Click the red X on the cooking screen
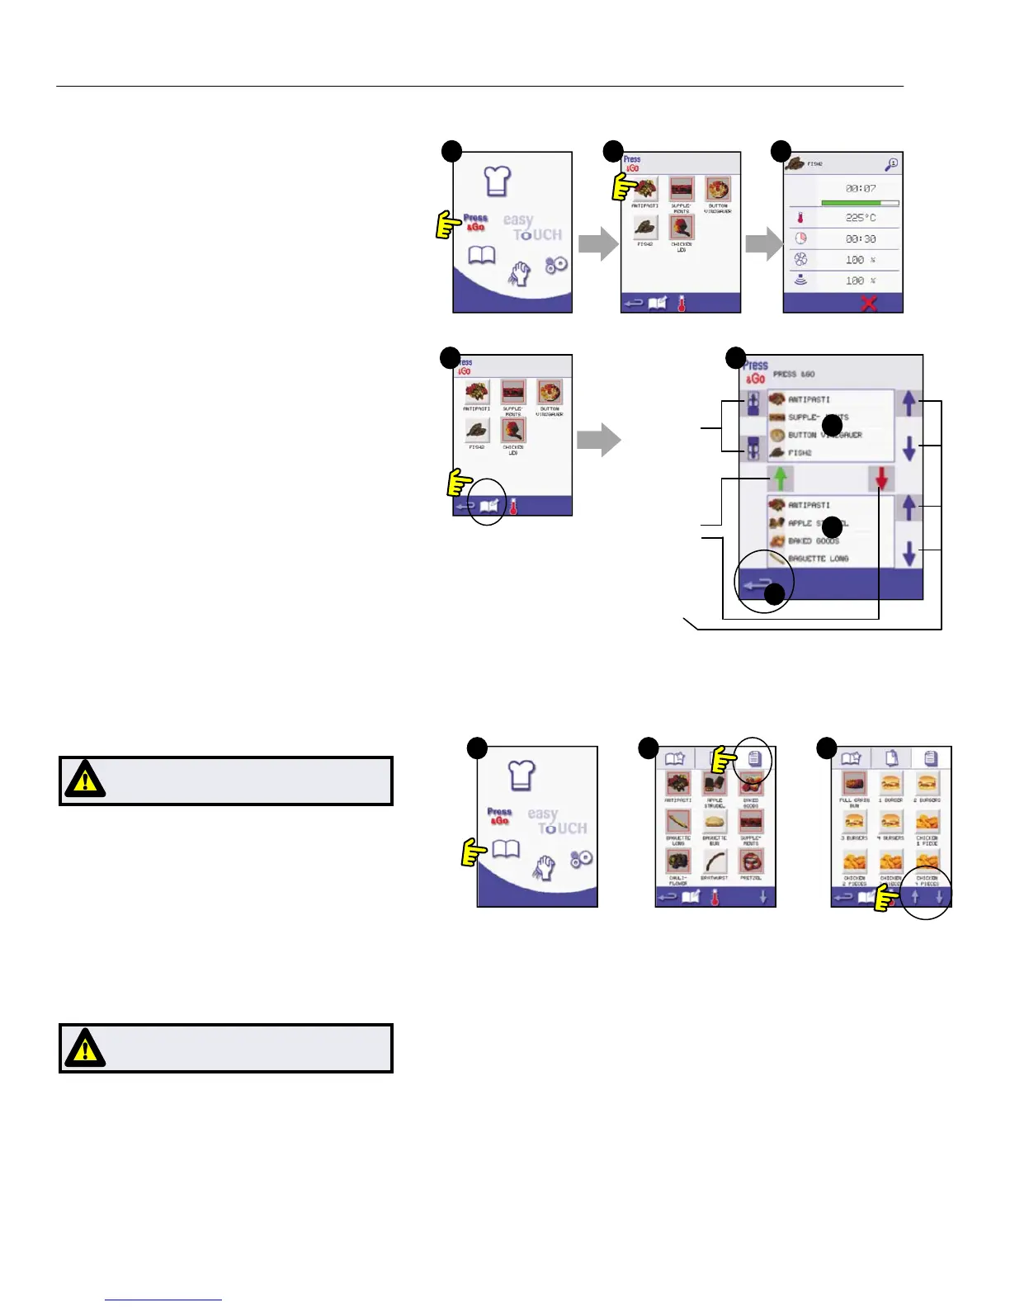(x=869, y=304)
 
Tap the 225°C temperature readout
(x=861, y=218)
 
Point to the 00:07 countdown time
(x=861, y=189)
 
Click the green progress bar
(x=851, y=202)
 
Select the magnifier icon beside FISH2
(x=891, y=164)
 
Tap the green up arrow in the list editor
(x=781, y=479)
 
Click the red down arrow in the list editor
(x=882, y=479)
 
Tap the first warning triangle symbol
(x=85, y=780)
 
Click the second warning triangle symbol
(x=85, y=1048)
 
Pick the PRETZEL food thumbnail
(x=751, y=862)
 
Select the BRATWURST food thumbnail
(x=715, y=862)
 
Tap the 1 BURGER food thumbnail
(x=890, y=784)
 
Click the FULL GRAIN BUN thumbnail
(x=854, y=784)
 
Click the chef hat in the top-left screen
(x=497, y=181)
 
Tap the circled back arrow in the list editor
(x=757, y=585)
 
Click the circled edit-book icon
(x=488, y=506)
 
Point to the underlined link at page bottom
(x=163, y=1300)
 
